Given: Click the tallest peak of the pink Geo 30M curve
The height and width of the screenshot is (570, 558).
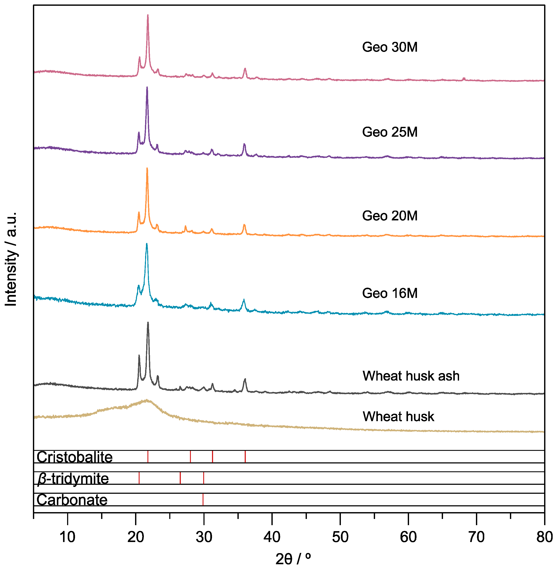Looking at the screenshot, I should [148, 15].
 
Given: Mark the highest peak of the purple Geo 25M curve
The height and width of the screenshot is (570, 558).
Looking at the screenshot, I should [147, 87].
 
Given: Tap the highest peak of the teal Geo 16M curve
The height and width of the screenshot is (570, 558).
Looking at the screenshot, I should [147, 244].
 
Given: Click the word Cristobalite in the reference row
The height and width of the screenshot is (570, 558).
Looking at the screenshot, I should [74, 457].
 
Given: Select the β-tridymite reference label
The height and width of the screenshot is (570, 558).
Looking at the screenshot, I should [73, 479].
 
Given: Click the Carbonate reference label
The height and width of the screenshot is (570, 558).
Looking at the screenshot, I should [72, 500].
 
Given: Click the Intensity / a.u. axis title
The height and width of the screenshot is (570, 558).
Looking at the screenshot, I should [11, 259].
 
